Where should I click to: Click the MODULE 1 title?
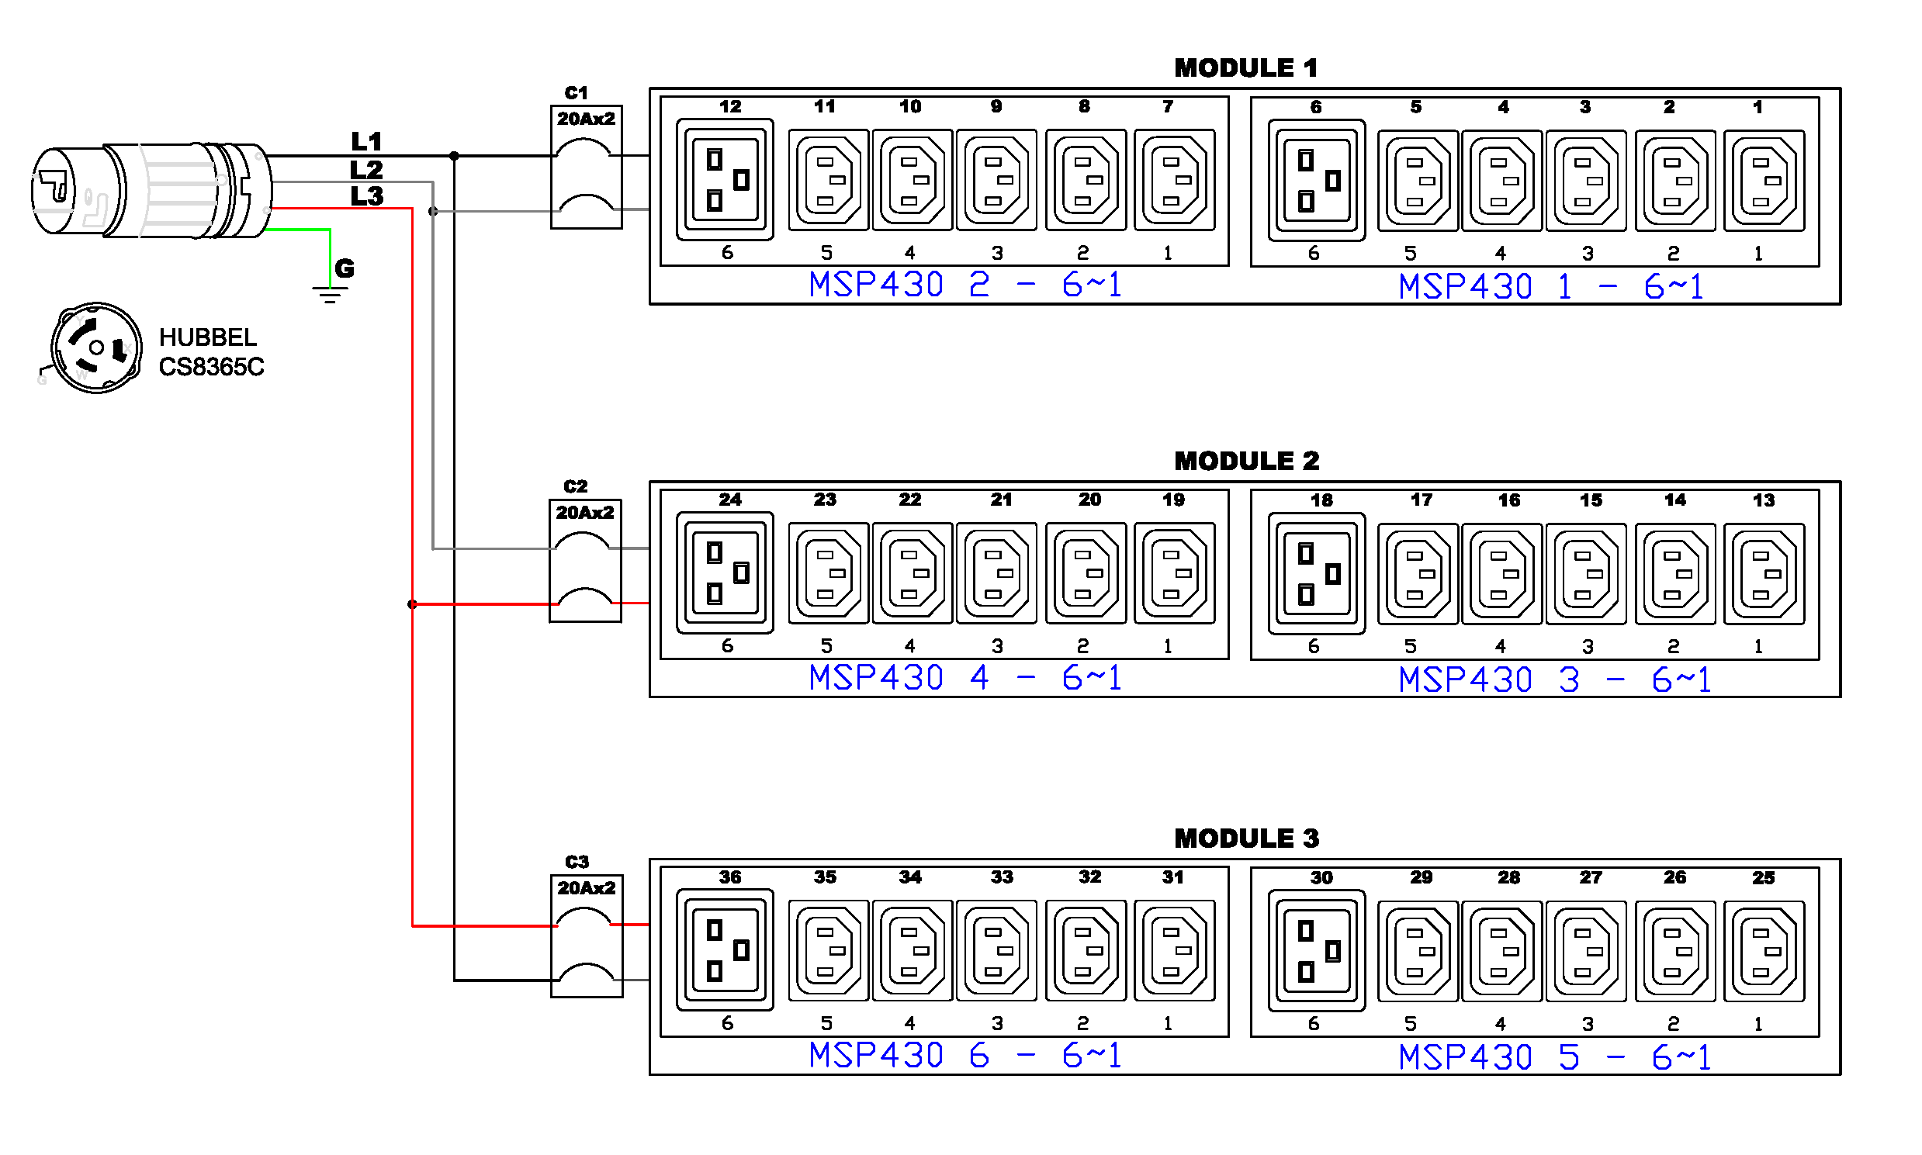1245,67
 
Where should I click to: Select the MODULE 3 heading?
1246,839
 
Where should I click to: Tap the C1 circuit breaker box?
586,168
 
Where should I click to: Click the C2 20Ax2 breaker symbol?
585,561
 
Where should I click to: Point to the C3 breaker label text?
577,862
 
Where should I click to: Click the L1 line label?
367,142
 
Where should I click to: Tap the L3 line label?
367,196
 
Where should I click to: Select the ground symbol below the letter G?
330,294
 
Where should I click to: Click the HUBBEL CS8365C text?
211,352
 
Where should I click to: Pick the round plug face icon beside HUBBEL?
96,348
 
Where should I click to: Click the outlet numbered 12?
725,180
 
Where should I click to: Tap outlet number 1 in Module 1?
1764,181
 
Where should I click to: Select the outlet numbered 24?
725,572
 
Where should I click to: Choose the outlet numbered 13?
1764,573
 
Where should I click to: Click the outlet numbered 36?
725,950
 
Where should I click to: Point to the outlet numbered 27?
1586,951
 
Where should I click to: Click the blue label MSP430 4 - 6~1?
965,677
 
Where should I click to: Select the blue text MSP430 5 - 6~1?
1554,1057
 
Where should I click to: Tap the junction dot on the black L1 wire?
454,156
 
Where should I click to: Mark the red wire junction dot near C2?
412,604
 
